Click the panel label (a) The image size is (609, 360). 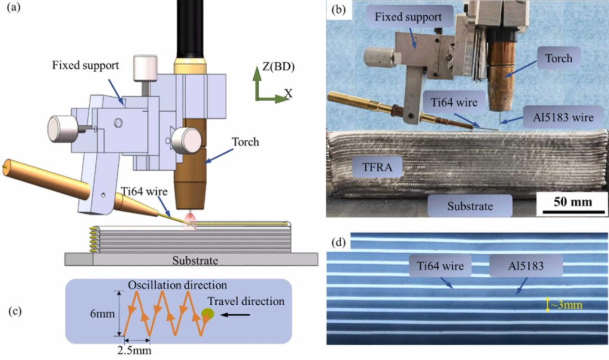14,7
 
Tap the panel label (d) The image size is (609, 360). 339,243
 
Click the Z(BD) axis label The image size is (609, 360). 279,67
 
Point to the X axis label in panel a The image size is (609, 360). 288,93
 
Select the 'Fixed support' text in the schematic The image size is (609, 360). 86,65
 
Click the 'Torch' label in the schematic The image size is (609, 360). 245,142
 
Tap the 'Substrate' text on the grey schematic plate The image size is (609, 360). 195,260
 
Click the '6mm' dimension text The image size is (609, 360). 102,313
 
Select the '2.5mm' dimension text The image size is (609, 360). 134,350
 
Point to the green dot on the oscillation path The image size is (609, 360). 208,313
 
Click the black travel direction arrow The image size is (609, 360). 235,314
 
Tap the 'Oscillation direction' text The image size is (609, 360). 178,285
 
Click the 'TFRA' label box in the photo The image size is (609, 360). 377,167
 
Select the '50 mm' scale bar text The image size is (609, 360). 572,202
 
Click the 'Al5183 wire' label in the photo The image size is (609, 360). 563,117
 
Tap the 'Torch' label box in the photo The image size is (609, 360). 559,58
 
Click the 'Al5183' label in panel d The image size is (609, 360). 526,266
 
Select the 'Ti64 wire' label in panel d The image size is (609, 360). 440,266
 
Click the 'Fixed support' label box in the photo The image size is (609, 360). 408,17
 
